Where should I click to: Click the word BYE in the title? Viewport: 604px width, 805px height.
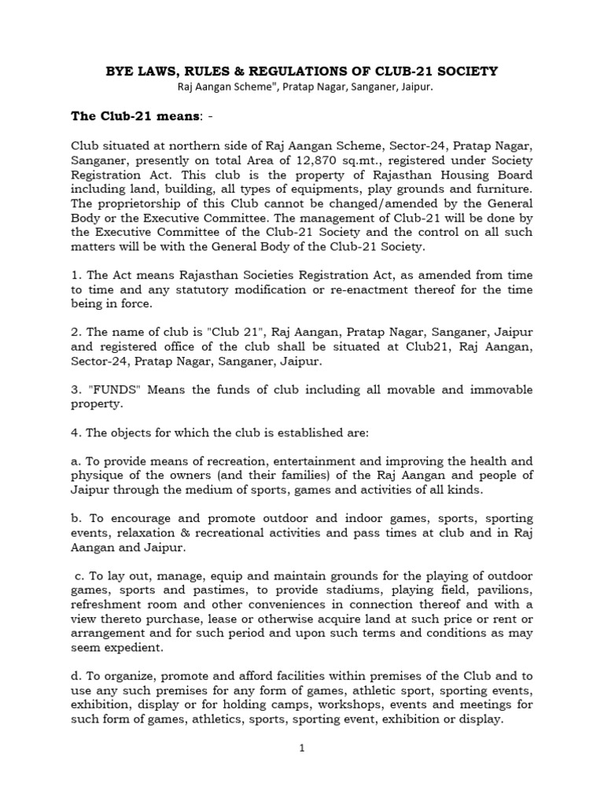(x=122, y=72)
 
